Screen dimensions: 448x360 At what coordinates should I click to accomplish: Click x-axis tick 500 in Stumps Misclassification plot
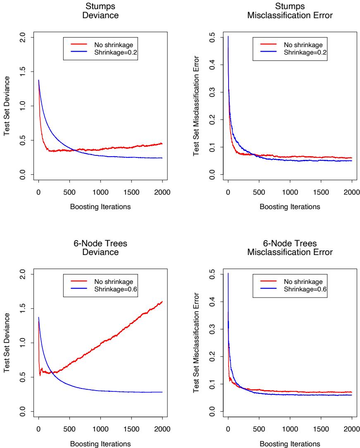[259, 192]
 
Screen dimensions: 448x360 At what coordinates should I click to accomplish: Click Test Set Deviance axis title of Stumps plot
[7, 107]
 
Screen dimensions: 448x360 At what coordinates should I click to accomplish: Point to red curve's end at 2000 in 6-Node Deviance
[162, 302]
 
